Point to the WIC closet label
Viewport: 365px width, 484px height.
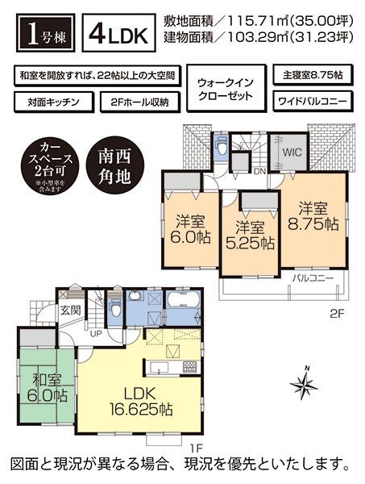pyautogui.click(x=292, y=151)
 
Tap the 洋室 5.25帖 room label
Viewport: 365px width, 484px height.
pyautogui.click(x=251, y=234)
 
